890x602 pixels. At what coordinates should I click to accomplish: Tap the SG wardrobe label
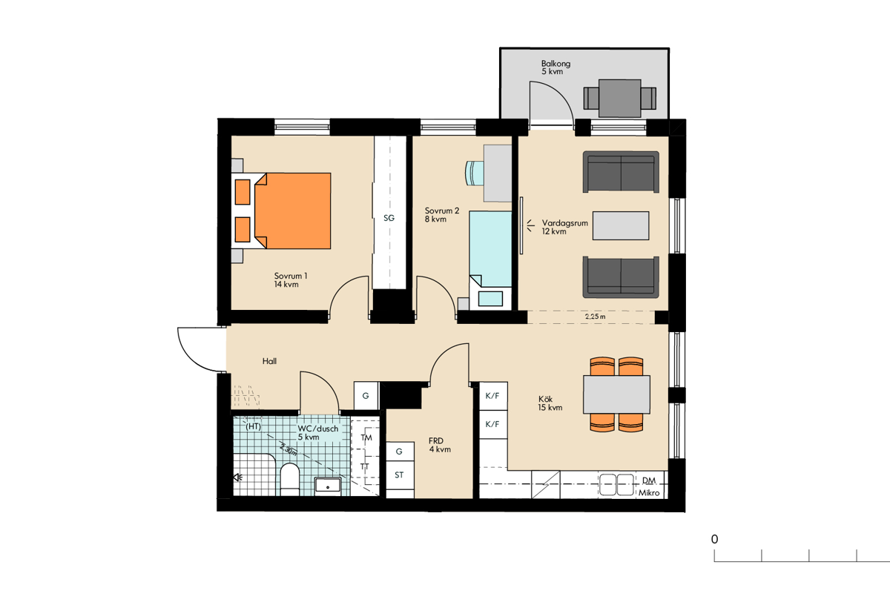(x=389, y=218)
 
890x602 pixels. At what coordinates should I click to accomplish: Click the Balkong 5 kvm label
(x=556, y=67)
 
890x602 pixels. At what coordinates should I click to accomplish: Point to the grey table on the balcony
(x=620, y=98)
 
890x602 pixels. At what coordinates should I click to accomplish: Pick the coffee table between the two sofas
(x=621, y=225)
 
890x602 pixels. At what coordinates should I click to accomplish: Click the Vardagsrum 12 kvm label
(x=564, y=227)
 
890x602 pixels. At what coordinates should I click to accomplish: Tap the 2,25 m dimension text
(x=595, y=317)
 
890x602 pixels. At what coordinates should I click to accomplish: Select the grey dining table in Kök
(x=616, y=394)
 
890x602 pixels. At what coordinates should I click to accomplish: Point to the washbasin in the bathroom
(x=328, y=486)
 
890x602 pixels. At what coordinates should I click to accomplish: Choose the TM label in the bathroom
(x=366, y=437)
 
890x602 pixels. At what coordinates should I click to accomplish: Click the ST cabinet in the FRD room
(x=400, y=475)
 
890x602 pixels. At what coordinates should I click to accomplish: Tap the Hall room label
(x=269, y=361)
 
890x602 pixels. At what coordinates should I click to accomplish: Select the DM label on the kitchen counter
(x=649, y=480)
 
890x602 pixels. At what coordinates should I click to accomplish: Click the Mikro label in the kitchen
(x=649, y=493)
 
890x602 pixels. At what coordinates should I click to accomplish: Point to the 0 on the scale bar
(x=714, y=539)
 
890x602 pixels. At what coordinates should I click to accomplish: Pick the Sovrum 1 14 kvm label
(x=291, y=280)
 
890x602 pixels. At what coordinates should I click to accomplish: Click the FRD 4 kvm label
(x=439, y=445)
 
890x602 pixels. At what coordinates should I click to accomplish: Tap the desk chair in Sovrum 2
(x=475, y=173)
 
